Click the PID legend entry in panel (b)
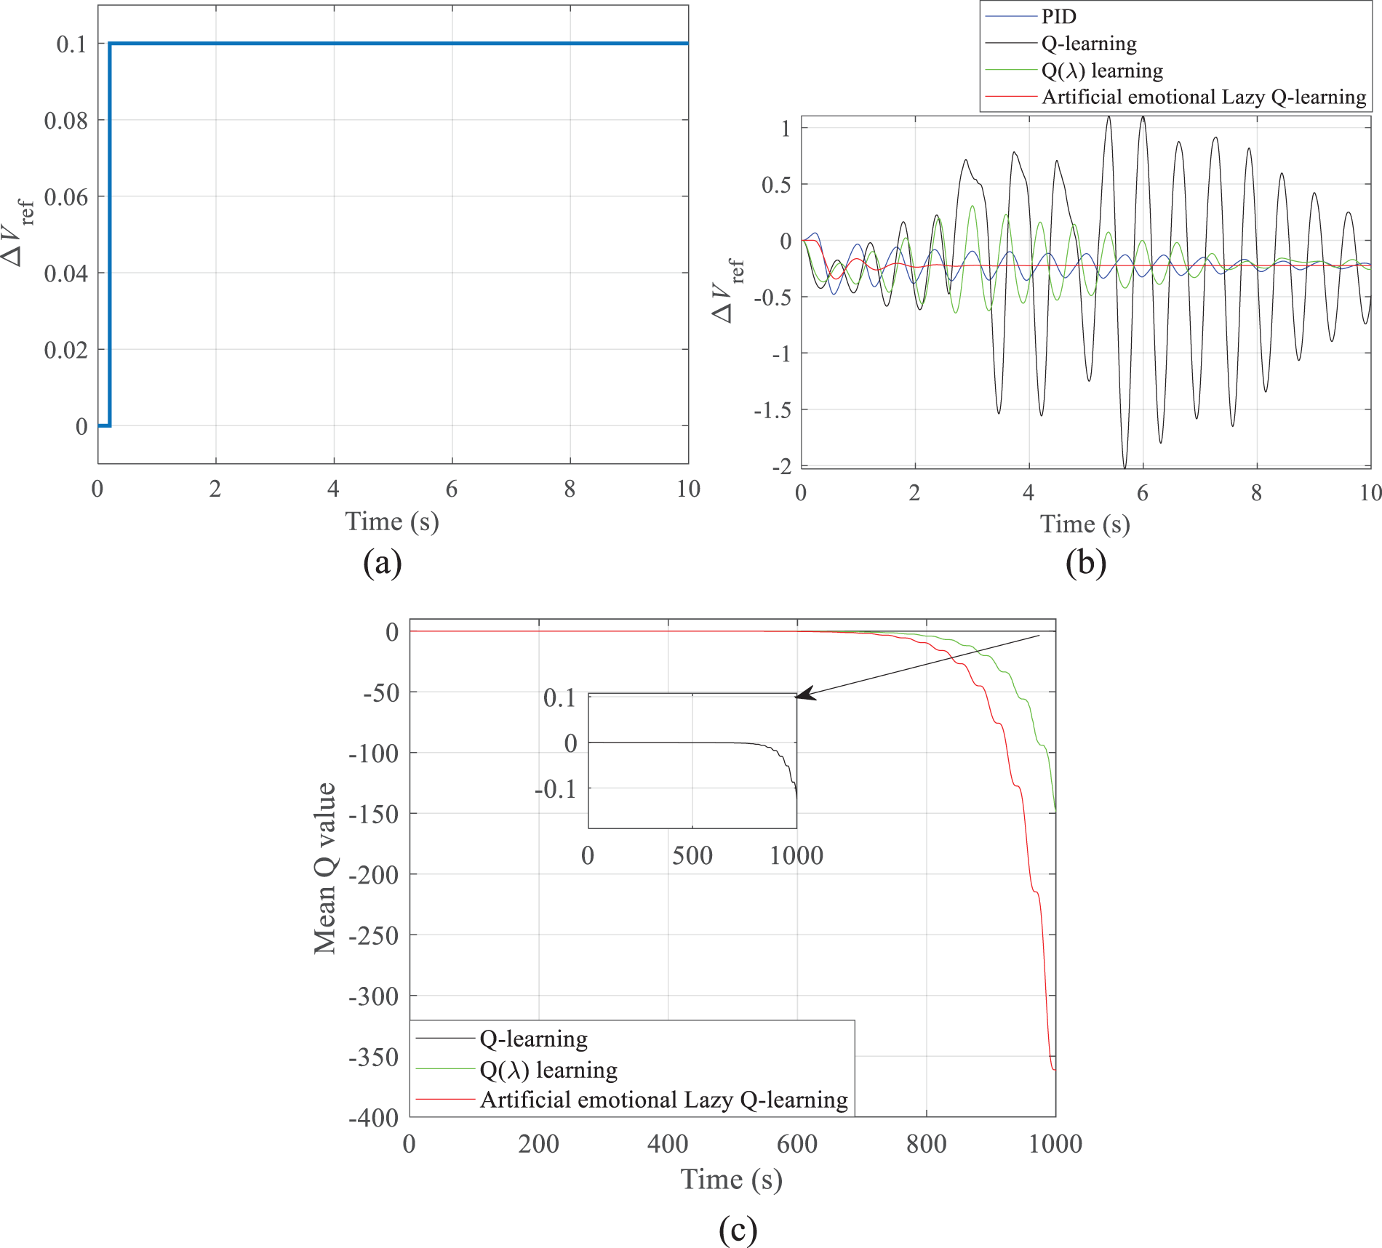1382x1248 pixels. coord(1058,17)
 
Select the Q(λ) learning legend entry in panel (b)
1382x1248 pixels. coord(1102,71)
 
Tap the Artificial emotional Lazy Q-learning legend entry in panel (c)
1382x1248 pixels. coord(663,1100)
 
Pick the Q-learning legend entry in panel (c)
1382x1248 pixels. coord(533,1039)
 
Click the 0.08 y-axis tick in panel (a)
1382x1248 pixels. coord(65,120)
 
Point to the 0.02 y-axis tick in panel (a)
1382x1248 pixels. coord(65,350)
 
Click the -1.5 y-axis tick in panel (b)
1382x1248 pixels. coord(772,410)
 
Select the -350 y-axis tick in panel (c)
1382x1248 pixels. coord(373,1057)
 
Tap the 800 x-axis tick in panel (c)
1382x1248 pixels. coord(926,1144)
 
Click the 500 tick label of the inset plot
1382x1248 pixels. coord(692,855)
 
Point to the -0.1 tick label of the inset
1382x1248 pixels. coord(555,788)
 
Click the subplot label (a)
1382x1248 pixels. coord(383,562)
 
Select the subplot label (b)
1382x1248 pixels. coord(1085,562)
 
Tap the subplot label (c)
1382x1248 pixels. coord(738,1229)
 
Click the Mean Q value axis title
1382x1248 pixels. coord(325,868)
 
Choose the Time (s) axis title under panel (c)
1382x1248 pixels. coord(731,1180)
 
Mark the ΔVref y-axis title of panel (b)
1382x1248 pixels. coord(727,290)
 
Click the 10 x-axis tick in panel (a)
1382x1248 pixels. coord(688,489)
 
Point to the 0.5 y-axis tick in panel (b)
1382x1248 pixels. coord(776,185)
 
